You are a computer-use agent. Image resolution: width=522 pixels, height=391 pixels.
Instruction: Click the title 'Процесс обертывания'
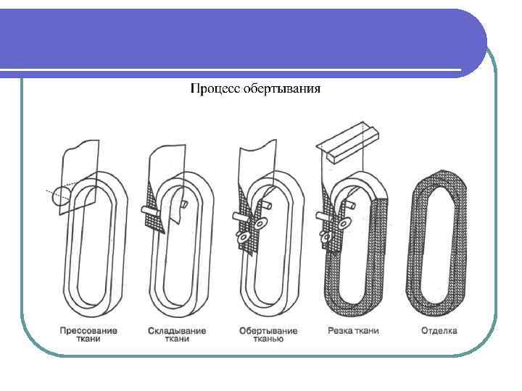pyautogui.click(x=255, y=90)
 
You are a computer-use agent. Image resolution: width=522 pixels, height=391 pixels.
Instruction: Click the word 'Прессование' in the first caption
pyautogui.click(x=87, y=331)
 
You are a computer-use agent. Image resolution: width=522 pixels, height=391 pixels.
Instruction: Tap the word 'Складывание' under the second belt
pyautogui.click(x=176, y=331)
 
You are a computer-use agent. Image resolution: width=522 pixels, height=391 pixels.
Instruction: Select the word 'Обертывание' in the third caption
pyautogui.click(x=268, y=331)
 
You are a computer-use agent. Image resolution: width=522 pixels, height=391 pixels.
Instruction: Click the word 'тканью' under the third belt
pyautogui.click(x=268, y=339)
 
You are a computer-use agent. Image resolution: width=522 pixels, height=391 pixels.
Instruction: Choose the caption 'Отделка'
pyautogui.click(x=439, y=331)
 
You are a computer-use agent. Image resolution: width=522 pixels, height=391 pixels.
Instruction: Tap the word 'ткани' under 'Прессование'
pyautogui.click(x=87, y=339)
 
